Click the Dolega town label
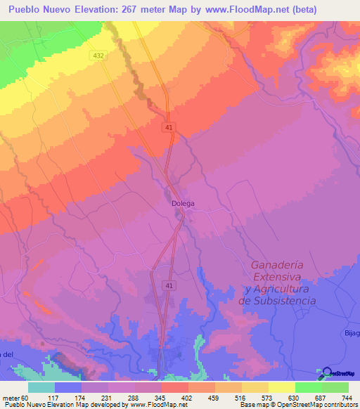tap(183, 204)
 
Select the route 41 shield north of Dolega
tap(169, 127)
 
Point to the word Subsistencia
tap(278, 300)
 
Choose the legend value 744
tap(347, 397)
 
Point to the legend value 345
tap(160, 397)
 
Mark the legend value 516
tap(240, 397)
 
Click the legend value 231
tap(108, 397)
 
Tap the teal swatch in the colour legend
tap(41, 387)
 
